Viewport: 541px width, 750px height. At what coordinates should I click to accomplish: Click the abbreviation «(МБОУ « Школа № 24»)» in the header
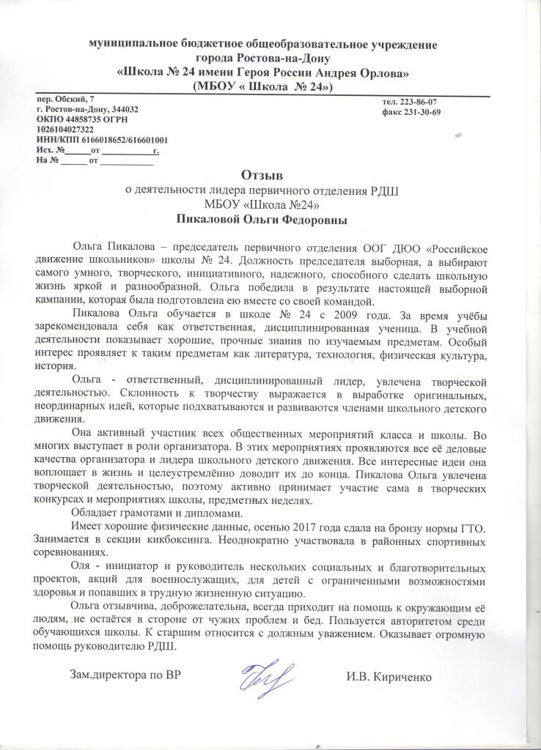tap(262, 86)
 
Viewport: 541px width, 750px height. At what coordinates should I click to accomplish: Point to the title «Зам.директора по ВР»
tap(124, 675)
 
